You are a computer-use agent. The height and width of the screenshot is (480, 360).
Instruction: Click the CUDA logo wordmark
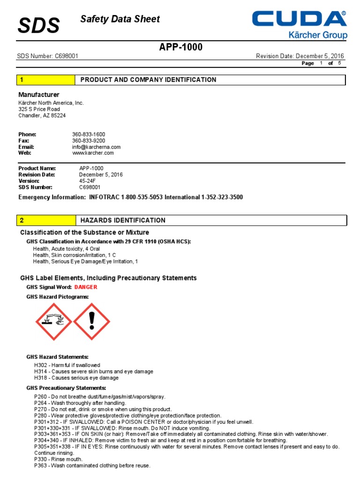click(299, 19)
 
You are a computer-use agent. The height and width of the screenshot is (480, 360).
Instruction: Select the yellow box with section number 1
click(46, 80)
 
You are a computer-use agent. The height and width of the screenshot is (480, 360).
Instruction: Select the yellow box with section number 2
click(46, 220)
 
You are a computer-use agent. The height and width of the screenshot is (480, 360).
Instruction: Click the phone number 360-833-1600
click(89, 135)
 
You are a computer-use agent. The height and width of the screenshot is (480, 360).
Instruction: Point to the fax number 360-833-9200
click(89, 141)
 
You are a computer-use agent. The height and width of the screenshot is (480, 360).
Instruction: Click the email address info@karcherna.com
click(96, 147)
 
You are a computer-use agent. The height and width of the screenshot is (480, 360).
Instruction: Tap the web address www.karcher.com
click(93, 153)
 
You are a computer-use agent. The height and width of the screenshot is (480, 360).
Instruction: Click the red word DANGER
click(86, 287)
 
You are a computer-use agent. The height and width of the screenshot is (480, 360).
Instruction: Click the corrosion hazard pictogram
click(53, 321)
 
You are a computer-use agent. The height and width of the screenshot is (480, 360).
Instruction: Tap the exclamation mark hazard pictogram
click(92, 321)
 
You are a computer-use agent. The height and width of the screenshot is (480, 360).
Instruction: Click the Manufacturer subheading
click(39, 95)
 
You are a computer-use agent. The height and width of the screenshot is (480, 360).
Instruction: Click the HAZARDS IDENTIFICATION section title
click(123, 220)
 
